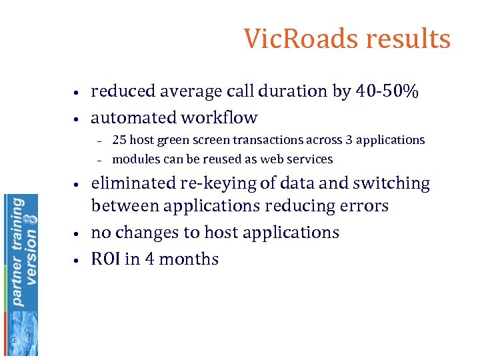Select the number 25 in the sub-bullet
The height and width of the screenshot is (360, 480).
tap(119, 141)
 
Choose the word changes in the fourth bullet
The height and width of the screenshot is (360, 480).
tap(144, 233)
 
